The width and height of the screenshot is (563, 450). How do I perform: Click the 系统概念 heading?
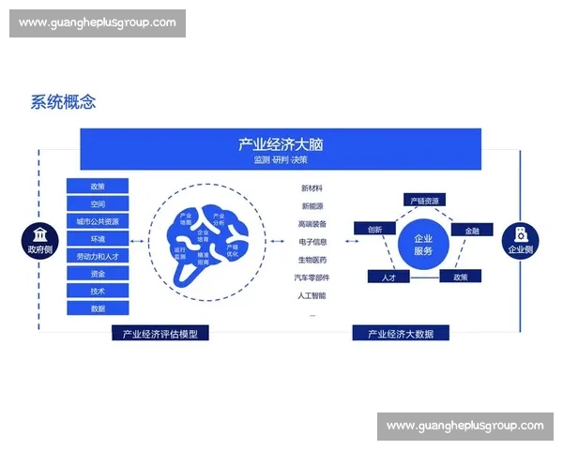(63, 102)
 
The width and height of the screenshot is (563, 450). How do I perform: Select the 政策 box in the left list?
(98, 187)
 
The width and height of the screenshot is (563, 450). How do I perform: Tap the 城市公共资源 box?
(98, 221)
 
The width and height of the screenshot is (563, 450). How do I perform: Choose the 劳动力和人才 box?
(98, 256)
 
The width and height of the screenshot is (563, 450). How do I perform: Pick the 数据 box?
(98, 308)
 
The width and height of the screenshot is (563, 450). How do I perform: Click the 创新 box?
(374, 229)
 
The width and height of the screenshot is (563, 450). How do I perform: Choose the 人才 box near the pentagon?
(388, 277)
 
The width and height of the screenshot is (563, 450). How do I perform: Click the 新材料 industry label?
(312, 188)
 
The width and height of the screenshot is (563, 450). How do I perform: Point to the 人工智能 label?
(312, 296)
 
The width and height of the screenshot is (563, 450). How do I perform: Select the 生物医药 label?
(312, 260)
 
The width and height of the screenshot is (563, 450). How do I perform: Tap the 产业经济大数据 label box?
(400, 333)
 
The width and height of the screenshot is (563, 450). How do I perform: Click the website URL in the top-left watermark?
(98, 22)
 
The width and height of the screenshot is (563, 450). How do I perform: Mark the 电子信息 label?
(312, 242)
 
